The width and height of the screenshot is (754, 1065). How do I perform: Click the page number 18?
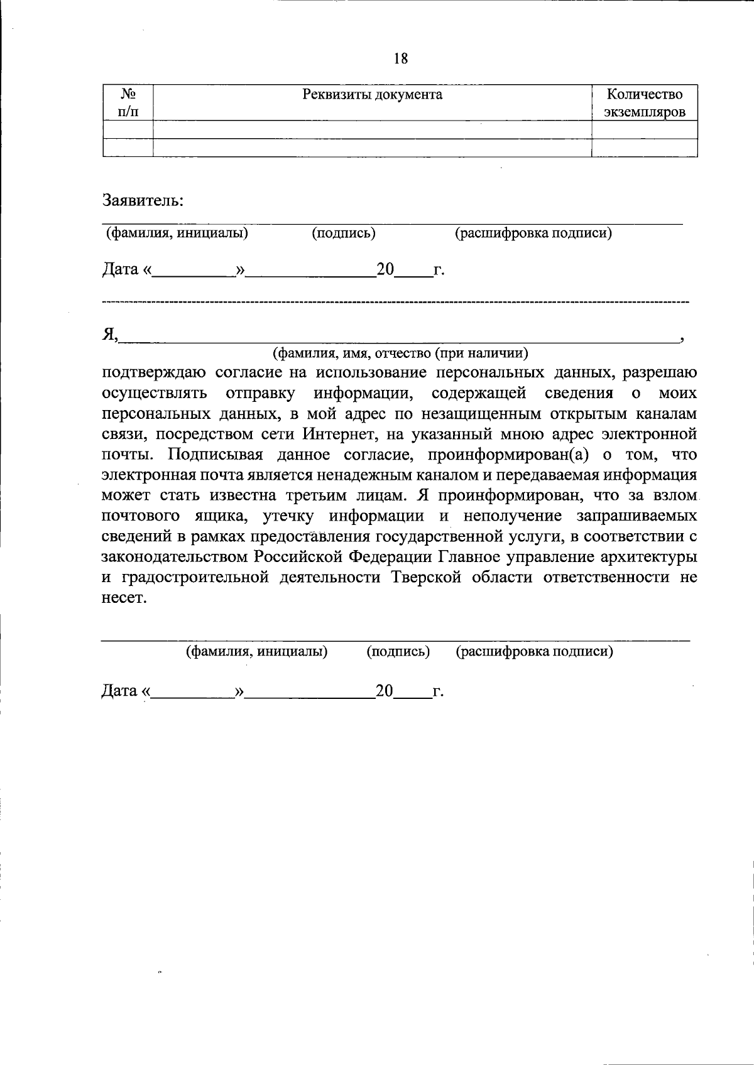(400, 59)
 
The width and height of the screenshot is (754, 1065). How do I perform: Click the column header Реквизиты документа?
(372, 95)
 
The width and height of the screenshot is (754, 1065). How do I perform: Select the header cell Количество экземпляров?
(644, 104)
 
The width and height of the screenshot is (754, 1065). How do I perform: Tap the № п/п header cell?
(128, 104)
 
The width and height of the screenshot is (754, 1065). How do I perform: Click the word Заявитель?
(143, 201)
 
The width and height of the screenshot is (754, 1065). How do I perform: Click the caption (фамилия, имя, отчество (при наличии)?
(400, 353)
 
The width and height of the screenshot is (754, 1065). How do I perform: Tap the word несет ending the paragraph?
(124, 598)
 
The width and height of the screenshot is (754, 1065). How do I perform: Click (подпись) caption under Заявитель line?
(344, 234)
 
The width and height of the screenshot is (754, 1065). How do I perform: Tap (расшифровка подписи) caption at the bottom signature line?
(534, 651)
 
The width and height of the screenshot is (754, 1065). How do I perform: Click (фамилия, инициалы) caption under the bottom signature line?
(257, 651)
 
